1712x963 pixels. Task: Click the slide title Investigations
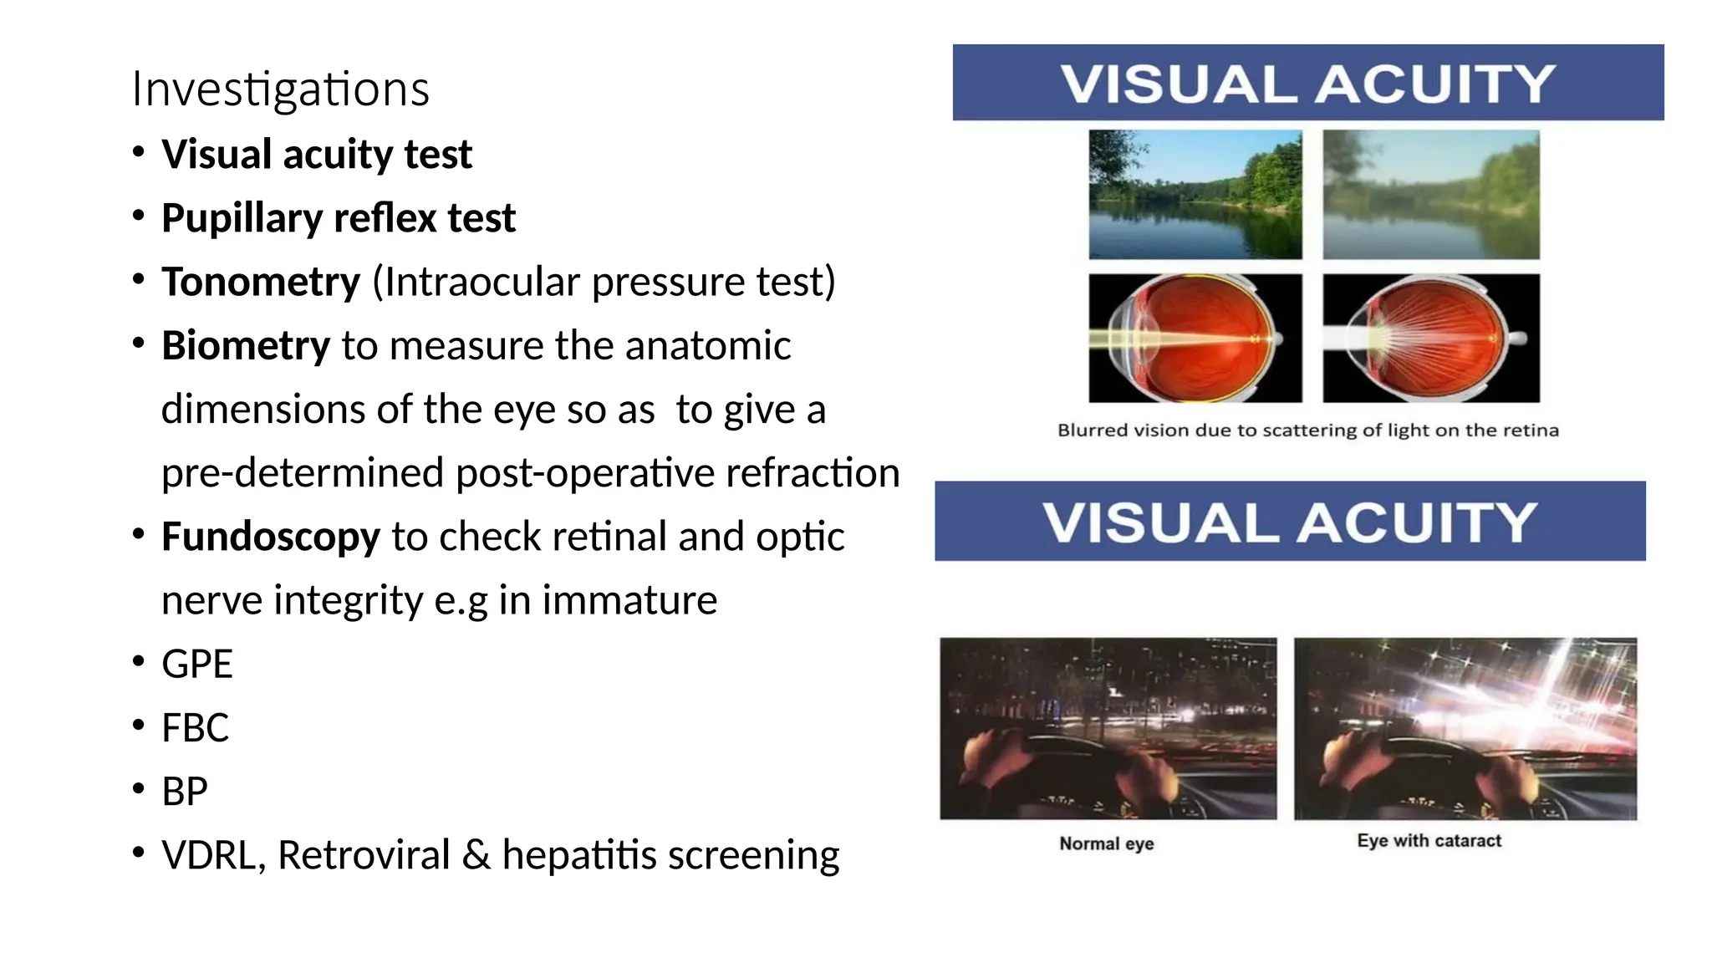pos(280,89)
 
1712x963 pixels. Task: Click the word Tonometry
pos(261,282)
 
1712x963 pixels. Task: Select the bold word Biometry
pos(246,345)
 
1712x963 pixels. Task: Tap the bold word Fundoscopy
pos(270,537)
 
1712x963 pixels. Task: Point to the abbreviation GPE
pos(196,665)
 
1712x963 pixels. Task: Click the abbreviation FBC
pos(195,728)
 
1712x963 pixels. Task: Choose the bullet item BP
pos(184,792)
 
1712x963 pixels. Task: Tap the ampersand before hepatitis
pos(476,855)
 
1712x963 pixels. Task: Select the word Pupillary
pos(242,218)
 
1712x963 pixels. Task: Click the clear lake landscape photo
pos(1195,194)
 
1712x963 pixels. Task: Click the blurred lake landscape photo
pos(1430,194)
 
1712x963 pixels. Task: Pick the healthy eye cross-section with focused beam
pos(1195,338)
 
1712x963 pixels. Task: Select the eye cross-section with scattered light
pos(1430,338)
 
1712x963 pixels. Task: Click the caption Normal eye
pos(1106,843)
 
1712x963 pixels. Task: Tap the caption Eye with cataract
pos(1429,841)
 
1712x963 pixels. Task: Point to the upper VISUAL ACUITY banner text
pos(1307,84)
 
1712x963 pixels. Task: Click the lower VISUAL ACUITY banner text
pos(1289,522)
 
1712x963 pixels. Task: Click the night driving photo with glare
pos(1465,728)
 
